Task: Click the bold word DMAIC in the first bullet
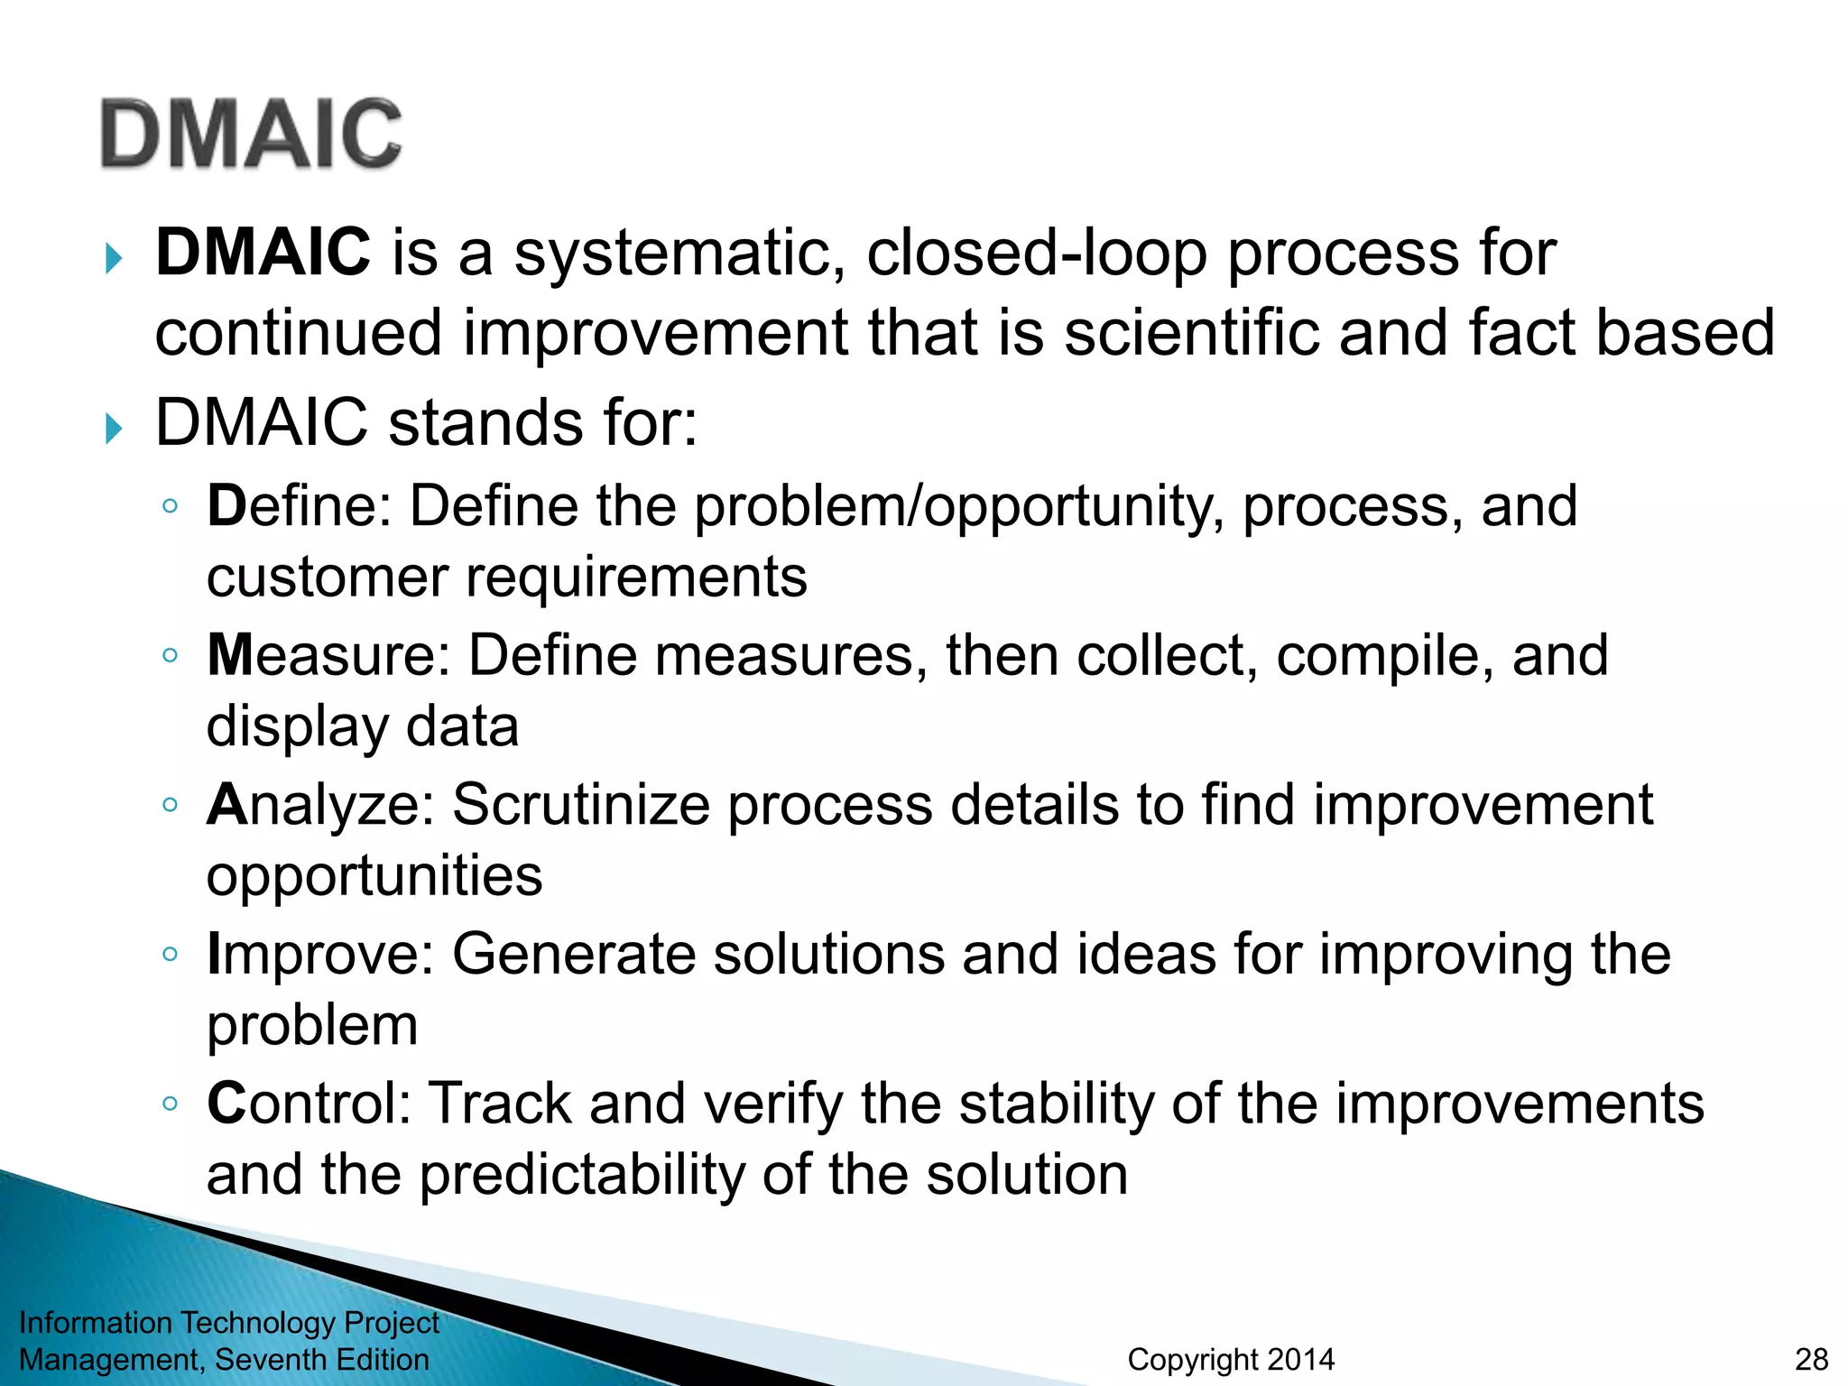pyautogui.click(x=262, y=252)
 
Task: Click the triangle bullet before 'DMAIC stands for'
pyautogui.click(x=113, y=428)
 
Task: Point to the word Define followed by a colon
pyautogui.click(x=298, y=506)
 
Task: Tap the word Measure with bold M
pyautogui.click(x=327, y=655)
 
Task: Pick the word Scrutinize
pyautogui.click(x=580, y=805)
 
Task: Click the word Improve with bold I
pyautogui.click(x=319, y=955)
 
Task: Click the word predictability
pyautogui.click(x=582, y=1175)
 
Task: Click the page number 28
pyautogui.click(x=1811, y=1359)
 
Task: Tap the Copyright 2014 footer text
pyautogui.click(x=1230, y=1359)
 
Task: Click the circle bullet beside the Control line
pyautogui.click(x=170, y=1103)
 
